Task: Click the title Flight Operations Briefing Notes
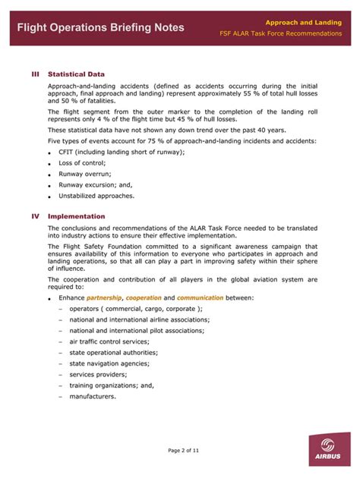click(x=100, y=27)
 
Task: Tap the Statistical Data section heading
click(x=76, y=74)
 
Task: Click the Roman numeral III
click(x=35, y=74)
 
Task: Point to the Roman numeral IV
click(x=35, y=216)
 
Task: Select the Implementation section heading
click(x=77, y=216)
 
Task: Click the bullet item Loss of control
click(x=83, y=163)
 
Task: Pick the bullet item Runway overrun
click(x=84, y=174)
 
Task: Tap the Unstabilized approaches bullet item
click(x=96, y=195)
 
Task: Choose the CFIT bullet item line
click(x=122, y=152)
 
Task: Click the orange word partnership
click(x=104, y=298)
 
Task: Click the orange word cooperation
click(x=144, y=298)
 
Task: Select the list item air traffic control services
click(x=109, y=341)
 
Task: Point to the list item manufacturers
click(x=93, y=396)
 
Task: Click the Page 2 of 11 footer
click(x=179, y=450)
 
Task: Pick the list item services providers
click(x=97, y=374)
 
